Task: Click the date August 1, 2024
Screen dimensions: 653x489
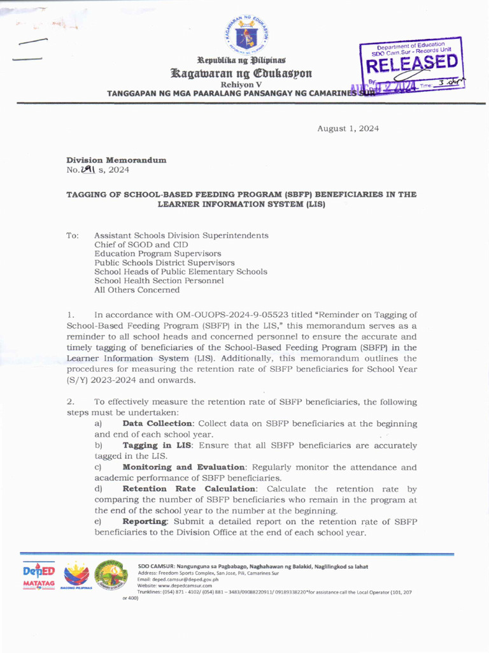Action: (348, 129)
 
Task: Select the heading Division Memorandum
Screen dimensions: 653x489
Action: (117, 160)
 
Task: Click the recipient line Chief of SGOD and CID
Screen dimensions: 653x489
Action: (141, 244)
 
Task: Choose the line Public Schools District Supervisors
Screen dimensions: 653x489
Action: (164, 263)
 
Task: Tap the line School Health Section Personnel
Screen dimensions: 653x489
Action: (159, 281)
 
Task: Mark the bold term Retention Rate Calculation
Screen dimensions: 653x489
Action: (192, 489)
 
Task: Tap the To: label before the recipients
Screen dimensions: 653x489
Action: (73, 236)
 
